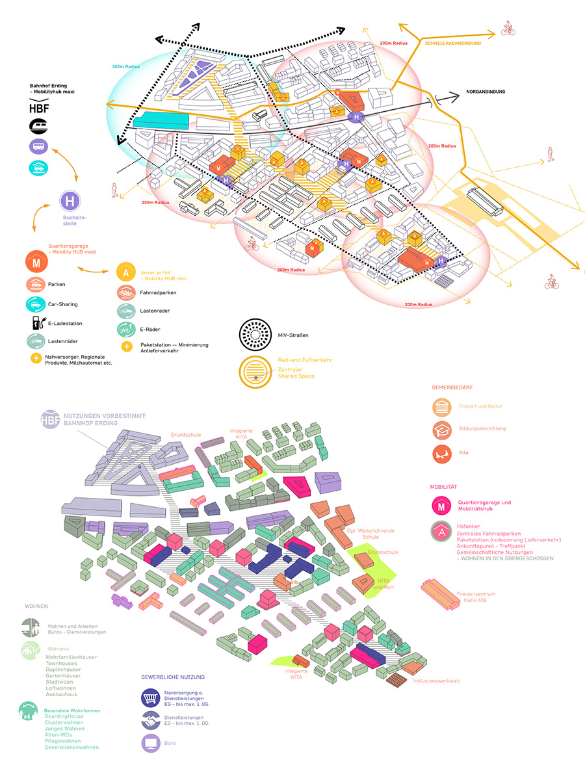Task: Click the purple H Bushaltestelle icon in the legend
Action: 70,201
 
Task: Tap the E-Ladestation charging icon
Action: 35,322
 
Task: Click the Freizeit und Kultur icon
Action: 443,406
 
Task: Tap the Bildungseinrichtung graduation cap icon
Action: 443,429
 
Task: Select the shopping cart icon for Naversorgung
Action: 151,699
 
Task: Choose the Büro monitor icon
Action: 151,742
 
